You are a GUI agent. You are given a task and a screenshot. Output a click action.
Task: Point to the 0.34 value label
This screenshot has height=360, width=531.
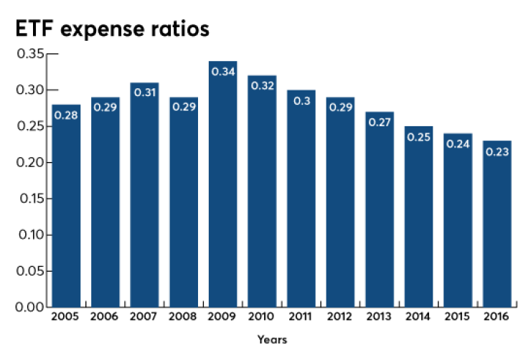pyautogui.click(x=223, y=72)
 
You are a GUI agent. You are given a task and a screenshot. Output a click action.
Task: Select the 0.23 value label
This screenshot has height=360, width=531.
pyautogui.click(x=497, y=151)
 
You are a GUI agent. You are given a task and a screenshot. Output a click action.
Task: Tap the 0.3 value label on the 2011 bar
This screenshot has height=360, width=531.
pyautogui.click(x=301, y=100)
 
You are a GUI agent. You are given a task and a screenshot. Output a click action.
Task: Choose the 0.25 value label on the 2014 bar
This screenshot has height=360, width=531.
pyautogui.click(x=418, y=137)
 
